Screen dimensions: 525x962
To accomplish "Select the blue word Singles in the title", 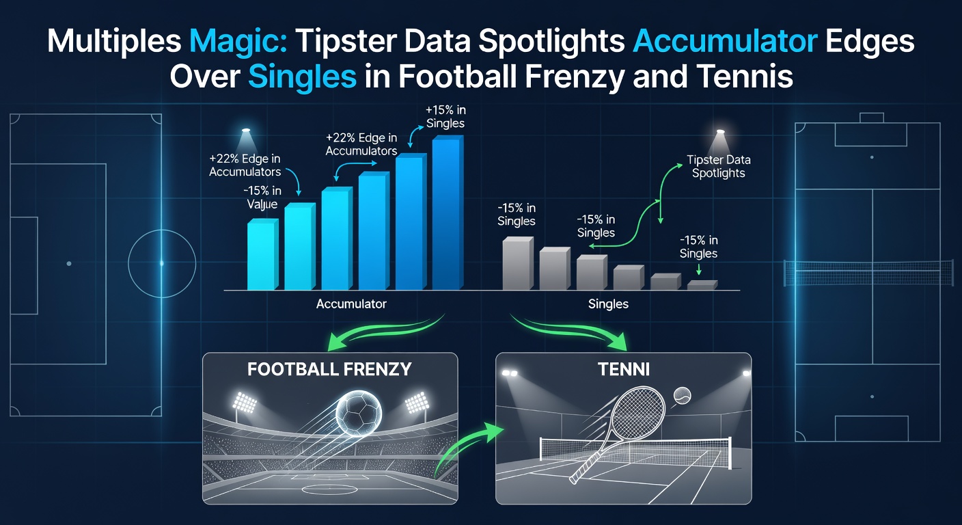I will tap(301, 77).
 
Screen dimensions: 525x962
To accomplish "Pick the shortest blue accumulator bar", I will tap(262, 254).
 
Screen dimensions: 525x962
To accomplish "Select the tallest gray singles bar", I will tap(517, 264).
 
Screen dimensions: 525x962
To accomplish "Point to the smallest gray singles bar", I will tap(702, 285).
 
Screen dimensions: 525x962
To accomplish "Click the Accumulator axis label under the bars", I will tap(351, 304).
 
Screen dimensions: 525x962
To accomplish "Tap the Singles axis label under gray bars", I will tap(608, 304).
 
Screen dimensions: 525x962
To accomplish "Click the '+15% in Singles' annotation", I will tap(445, 117).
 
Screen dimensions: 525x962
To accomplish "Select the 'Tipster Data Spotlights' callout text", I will tap(719, 166).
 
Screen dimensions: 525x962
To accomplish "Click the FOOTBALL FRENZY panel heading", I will tap(329, 369).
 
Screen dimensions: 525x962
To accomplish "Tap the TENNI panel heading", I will tap(622, 369).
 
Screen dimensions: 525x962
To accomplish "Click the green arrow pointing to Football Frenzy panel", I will tap(383, 331).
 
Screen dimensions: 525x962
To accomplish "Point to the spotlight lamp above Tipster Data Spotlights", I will tap(719, 133).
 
